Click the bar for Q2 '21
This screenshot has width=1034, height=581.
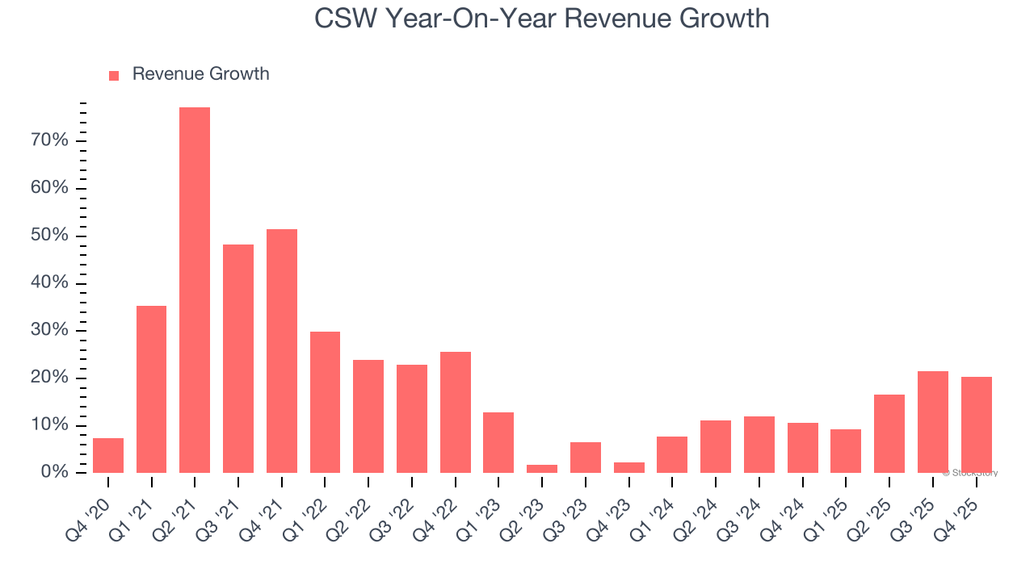coord(195,290)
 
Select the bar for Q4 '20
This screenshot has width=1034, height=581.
coord(108,455)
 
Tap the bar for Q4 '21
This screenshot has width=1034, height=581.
coord(282,351)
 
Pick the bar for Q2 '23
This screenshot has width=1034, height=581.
coord(542,468)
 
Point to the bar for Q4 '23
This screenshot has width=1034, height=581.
coord(629,467)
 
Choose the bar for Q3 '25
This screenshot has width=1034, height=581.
coord(933,422)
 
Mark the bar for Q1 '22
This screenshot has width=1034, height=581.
coord(325,402)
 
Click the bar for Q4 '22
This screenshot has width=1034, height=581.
coord(456,412)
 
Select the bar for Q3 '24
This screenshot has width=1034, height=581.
coord(759,445)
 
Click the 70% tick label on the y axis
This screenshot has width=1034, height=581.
coord(49,141)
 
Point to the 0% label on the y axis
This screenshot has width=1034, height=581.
coord(54,473)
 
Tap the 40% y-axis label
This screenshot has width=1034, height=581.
coord(49,283)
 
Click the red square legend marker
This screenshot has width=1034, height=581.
coord(114,75)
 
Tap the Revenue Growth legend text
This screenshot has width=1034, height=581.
coord(200,74)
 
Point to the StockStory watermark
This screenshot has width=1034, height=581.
coord(969,473)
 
